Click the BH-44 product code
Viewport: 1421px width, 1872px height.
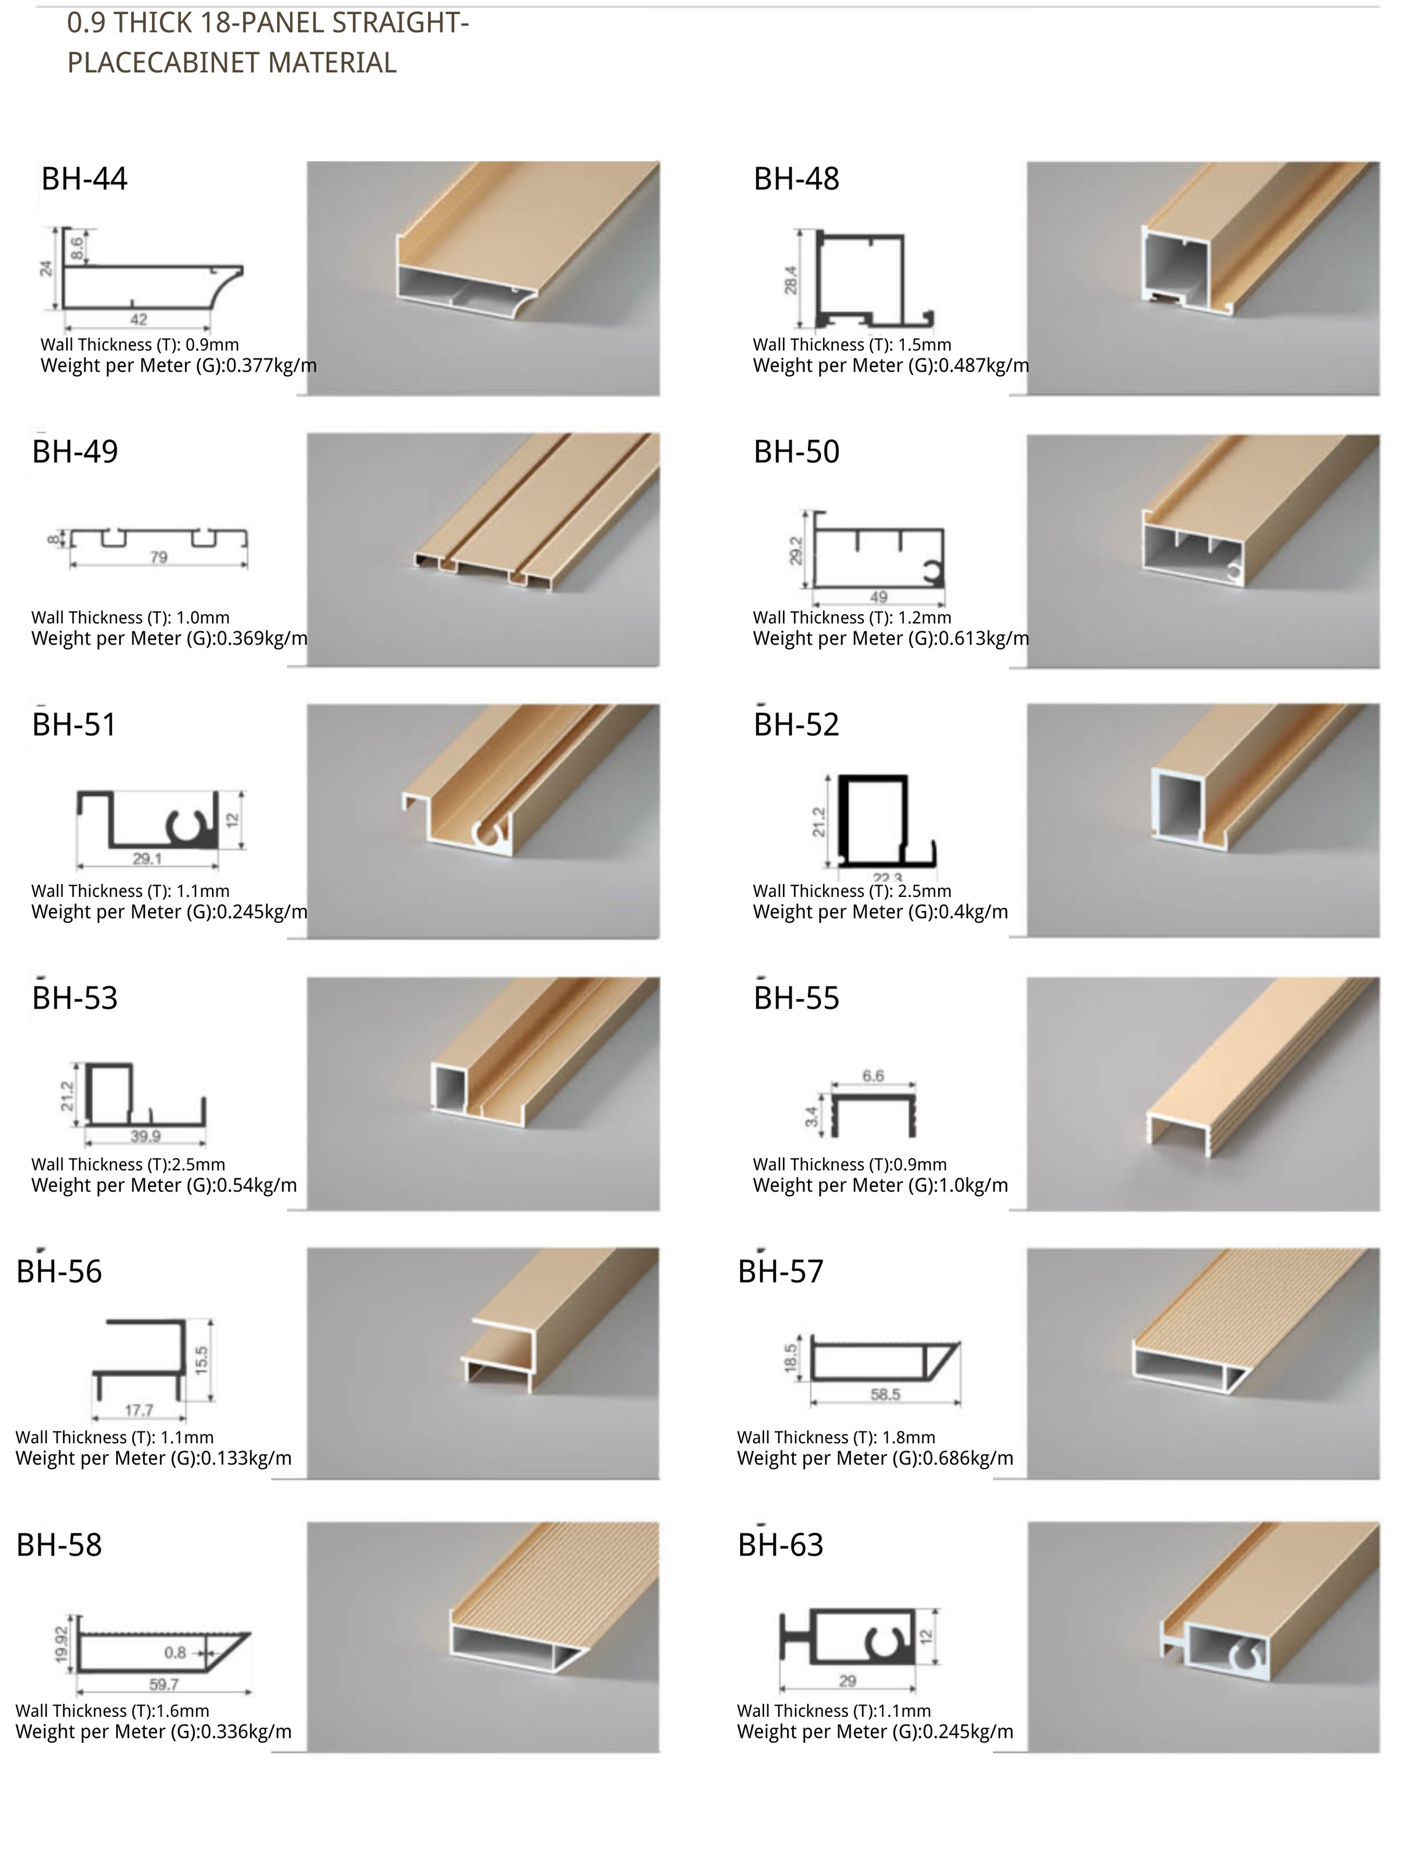click(84, 180)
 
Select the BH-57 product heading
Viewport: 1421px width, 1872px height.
click(780, 1272)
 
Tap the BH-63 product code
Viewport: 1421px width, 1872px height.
click(780, 1545)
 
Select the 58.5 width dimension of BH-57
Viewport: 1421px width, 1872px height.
click(885, 1395)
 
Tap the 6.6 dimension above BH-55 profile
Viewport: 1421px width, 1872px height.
click(872, 1075)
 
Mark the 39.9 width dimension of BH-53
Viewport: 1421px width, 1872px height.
click(145, 1136)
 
